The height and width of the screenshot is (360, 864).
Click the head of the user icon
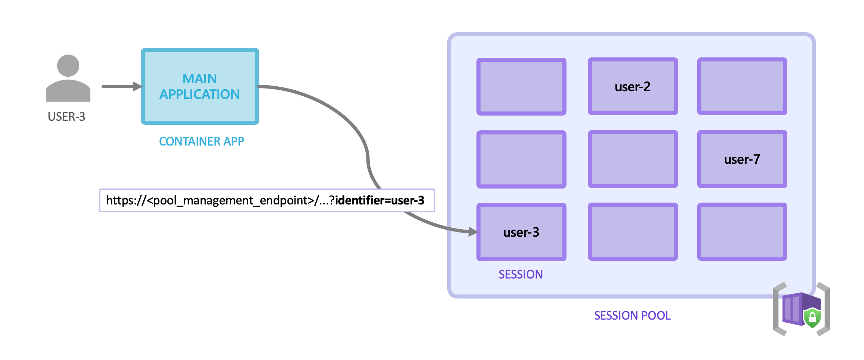(x=68, y=66)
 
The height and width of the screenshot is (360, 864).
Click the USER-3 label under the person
(x=66, y=117)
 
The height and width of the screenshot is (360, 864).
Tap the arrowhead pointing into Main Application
(x=137, y=86)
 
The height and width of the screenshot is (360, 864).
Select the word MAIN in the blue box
(x=199, y=79)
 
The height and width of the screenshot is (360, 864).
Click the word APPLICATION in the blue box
(x=199, y=94)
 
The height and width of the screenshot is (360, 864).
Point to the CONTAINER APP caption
(x=201, y=141)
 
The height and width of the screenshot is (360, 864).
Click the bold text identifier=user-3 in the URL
(x=379, y=200)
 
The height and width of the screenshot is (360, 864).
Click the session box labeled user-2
(x=632, y=86)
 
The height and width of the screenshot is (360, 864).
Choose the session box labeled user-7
(x=742, y=159)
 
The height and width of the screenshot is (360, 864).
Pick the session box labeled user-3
(x=521, y=232)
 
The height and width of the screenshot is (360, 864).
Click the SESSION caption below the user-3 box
(x=520, y=274)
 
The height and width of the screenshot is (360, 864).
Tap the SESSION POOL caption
(x=632, y=316)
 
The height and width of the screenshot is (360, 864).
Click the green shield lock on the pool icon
(x=812, y=317)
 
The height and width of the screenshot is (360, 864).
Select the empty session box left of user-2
(x=521, y=86)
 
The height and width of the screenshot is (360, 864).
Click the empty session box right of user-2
(x=742, y=86)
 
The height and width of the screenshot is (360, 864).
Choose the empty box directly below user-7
(x=742, y=232)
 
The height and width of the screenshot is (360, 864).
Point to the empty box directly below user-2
(x=632, y=159)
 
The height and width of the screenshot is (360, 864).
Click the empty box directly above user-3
(x=521, y=159)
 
